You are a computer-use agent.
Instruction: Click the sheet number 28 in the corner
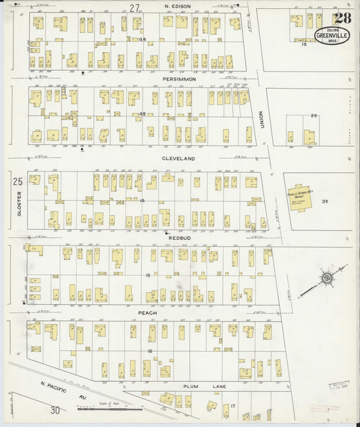pyautogui.click(x=340, y=18)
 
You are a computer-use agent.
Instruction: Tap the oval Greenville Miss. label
pyautogui.click(x=332, y=35)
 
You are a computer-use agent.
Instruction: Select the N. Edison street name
pyautogui.click(x=178, y=6)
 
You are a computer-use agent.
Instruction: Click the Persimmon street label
pyautogui.click(x=179, y=79)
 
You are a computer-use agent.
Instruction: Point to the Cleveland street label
pyautogui.click(x=178, y=158)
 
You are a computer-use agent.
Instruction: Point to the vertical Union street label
pyautogui.click(x=261, y=120)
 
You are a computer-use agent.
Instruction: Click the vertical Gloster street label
pyautogui.click(x=19, y=203)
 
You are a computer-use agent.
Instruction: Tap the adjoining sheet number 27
pyautogui.click(x=135, y=7)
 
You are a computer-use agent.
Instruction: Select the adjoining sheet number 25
pyautogui.click(x=18, y=180)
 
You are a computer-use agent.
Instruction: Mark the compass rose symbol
pyautogui.click(x=326, y=277)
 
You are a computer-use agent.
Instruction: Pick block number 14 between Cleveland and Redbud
pyautogui.click(x=142, y=201)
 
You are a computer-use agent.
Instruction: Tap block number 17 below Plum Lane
pyautogui.click(x=232, y=406)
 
